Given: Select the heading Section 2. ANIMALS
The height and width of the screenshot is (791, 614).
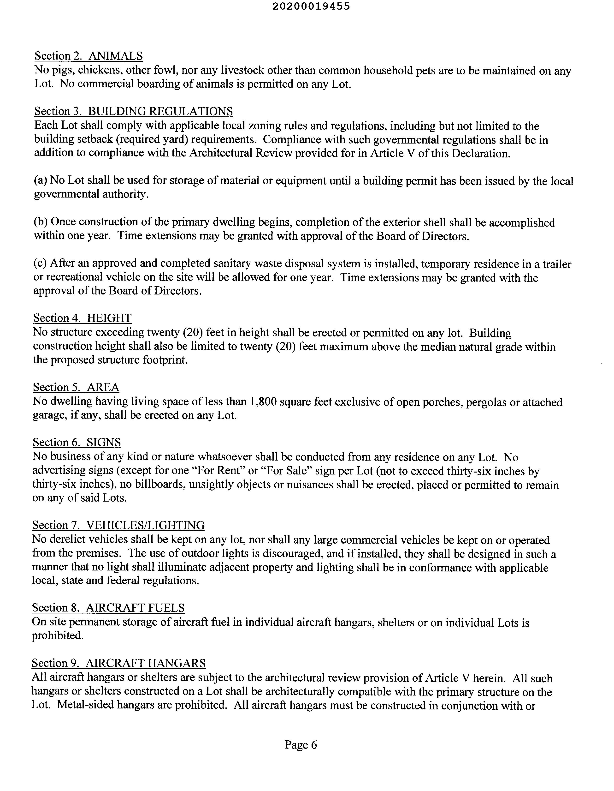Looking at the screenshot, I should [x=89, y=56].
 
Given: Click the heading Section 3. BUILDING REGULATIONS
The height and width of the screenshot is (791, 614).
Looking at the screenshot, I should [x=134, y=112].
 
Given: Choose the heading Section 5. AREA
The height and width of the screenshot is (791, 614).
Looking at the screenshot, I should [x=76, y=388].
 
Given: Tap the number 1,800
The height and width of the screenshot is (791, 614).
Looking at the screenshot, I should [x=263, y=402].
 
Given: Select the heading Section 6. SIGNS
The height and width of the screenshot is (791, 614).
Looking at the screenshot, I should [x=77, y=443].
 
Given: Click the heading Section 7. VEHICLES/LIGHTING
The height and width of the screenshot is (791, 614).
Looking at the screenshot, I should [x=118, y=526].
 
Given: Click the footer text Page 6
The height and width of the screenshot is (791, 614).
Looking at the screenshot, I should [x=301, y=745].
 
